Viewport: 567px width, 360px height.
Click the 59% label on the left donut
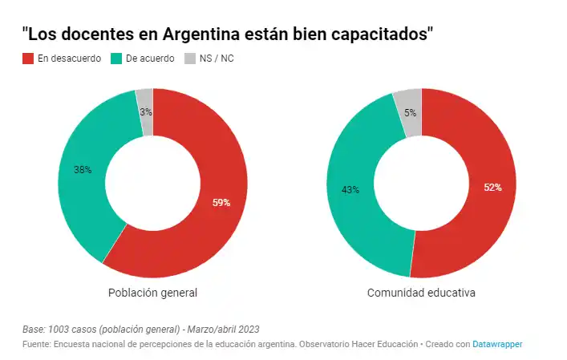click(x=221, y=203)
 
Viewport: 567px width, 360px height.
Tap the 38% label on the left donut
click(x=83, y=170)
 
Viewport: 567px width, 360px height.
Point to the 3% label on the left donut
click(x=146, y=112)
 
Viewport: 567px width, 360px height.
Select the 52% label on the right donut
click(x=492, y=188)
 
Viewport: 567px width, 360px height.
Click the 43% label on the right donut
click(x=350, y=190)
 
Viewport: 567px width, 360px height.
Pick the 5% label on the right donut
click(x=410, y=113)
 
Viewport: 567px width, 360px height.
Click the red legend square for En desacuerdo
click(x=28, y=59)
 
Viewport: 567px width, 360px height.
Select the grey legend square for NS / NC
click(x=190, y=59)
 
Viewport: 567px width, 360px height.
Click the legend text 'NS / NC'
click(x=217, y=59)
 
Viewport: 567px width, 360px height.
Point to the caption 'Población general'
click(x=152, y=293)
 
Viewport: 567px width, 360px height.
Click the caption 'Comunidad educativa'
click(x=421, y=293)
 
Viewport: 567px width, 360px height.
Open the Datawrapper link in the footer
click(x=497, y=343)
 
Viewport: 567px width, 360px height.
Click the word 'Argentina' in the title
click(x=211, y=34)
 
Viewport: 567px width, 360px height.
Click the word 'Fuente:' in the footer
click(x=36, y=343)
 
